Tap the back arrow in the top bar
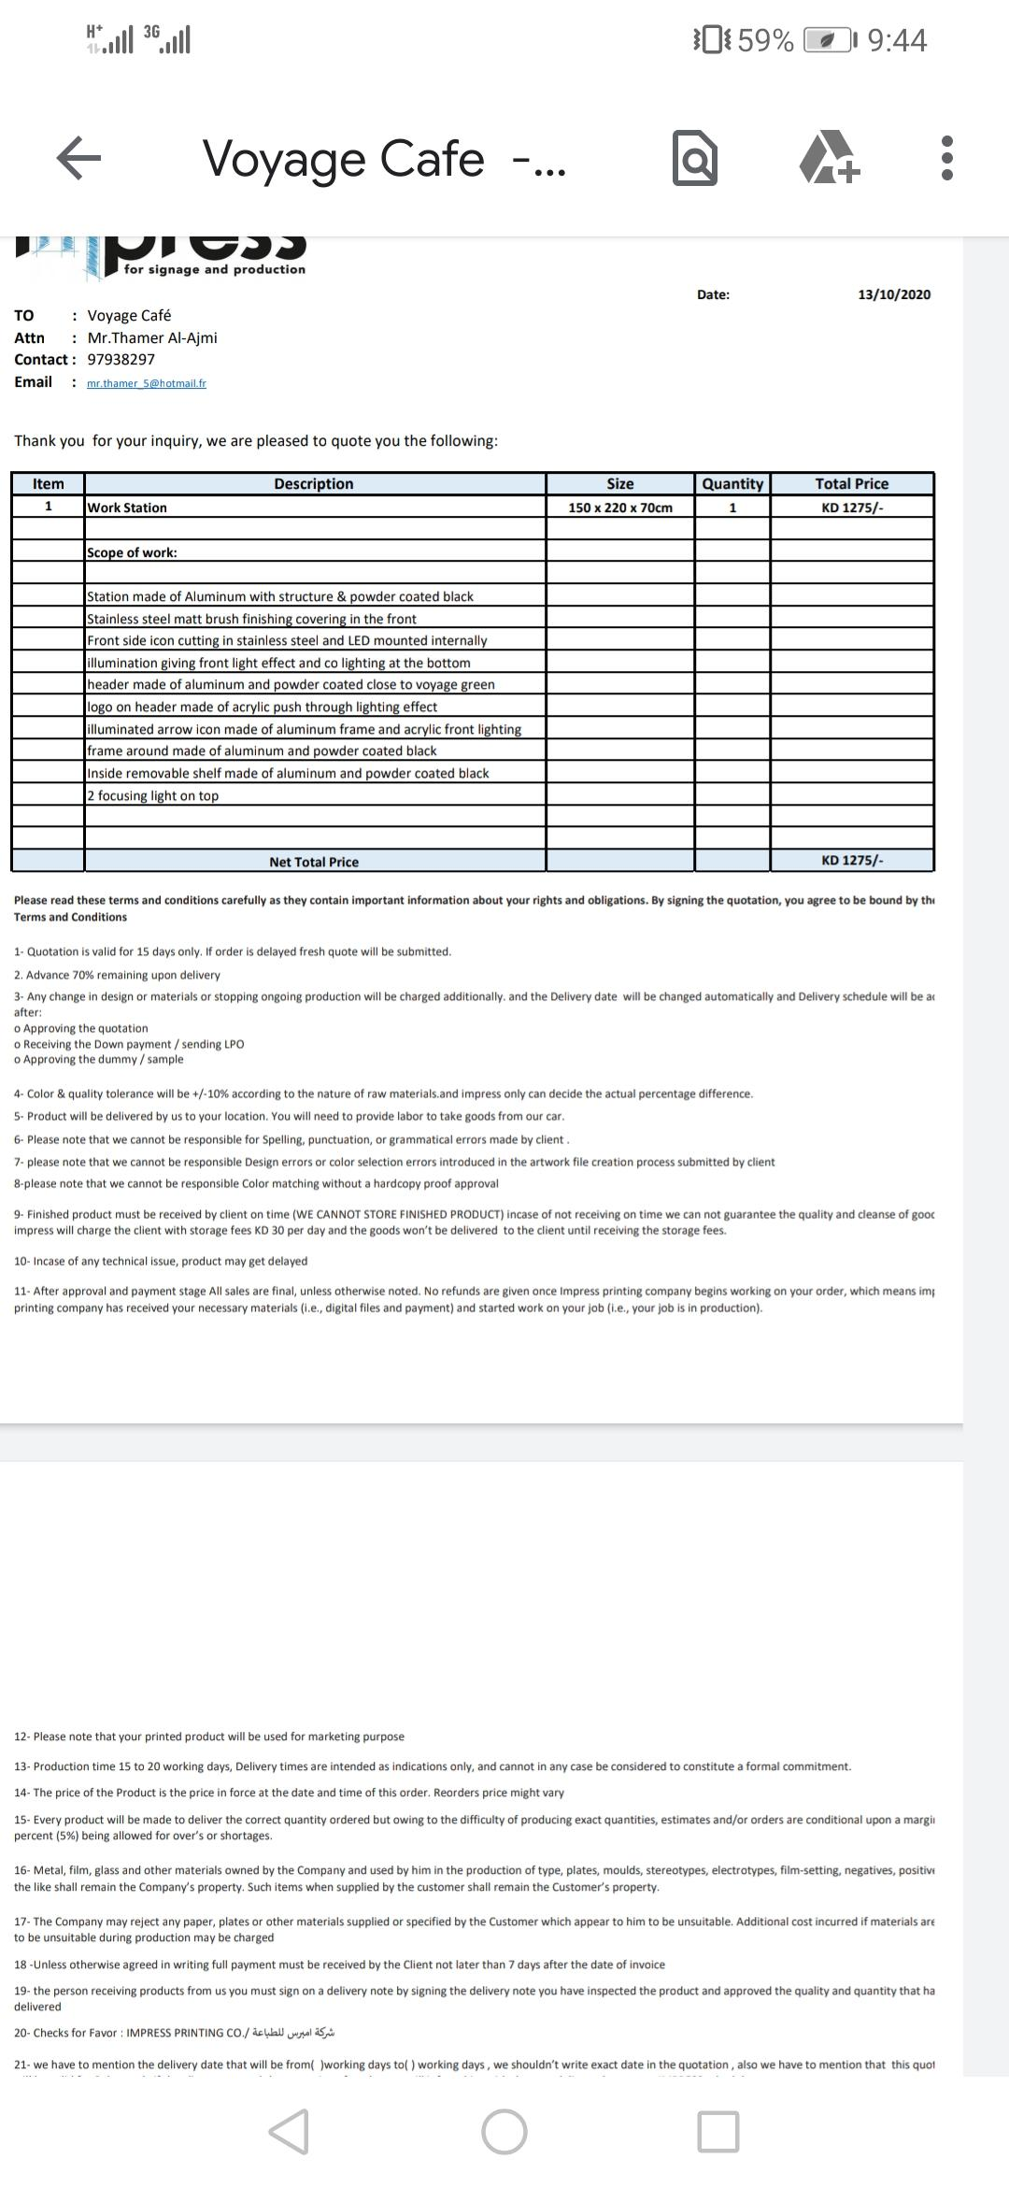[x=78, y=158]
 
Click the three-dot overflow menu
[x=946, y=158]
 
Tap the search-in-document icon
[x=695, y=158]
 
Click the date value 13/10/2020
[x=894, y=294]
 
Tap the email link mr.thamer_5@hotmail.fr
[x=147, y=383]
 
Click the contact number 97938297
[x=121, y=360]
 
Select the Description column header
[x=314, y=484]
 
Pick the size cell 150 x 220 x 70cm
[x=620, y=507]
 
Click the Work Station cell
[x=127, y=507]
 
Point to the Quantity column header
[x=732, y=484]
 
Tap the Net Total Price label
[x=314, y=862]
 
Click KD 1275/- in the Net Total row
[x=852, y=860]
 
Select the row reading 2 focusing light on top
[x=153, y=795]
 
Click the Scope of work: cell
[x=132, y=552]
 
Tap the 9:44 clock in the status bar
[x=897, y=40]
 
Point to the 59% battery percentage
[x=765, y=41]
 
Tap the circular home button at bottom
[x=504, y=2132]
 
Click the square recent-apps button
[x=718, y=2132]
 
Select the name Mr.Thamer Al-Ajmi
[x=152, y=338]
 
